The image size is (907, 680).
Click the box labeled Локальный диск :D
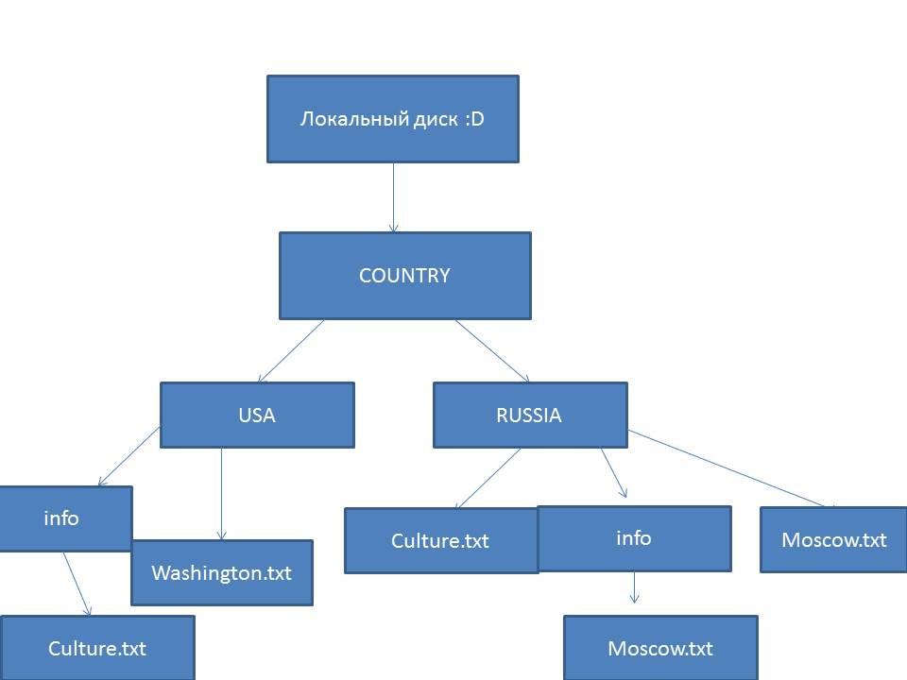coord(392,119)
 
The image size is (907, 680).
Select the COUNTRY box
coord(404,276)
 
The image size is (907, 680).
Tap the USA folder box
coord(257,415)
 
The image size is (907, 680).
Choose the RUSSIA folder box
coord(529,415)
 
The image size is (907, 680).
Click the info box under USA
coord(62,518)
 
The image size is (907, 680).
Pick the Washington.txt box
coord(221,573)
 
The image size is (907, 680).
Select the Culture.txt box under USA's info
coord(97,649)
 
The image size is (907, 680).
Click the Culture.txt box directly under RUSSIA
coord(440,541)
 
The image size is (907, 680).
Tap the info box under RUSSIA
coord(634,538)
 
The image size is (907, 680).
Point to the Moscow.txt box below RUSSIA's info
coord(660,649)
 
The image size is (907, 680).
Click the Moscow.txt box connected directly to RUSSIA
coord(834,540)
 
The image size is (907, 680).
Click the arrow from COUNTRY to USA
coord(291,350)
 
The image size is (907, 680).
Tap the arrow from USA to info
coord(128,456)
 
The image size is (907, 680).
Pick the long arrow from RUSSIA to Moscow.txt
coord(732,468)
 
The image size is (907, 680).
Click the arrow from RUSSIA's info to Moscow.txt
coord(634,586)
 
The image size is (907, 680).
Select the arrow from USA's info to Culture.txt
coord(77,584)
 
